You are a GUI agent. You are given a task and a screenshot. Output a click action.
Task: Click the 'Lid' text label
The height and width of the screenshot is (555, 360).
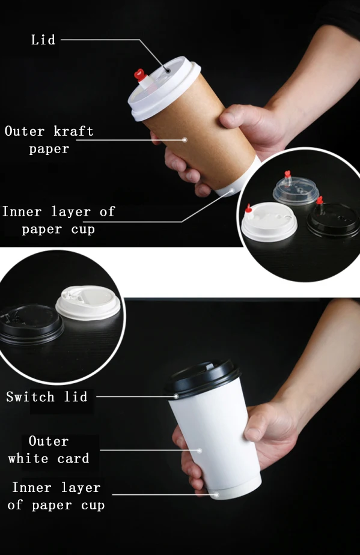(x=43, y=40)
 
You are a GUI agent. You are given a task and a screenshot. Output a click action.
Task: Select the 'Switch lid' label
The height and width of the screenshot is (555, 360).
(x=47, y=396)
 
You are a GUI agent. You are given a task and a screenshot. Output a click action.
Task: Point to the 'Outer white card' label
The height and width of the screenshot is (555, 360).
(x=49, y=450)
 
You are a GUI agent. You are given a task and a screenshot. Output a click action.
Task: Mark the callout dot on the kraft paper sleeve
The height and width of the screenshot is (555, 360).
(x=185, y=140)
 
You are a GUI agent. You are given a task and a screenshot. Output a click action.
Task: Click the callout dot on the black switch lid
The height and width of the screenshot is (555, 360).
(x=176, y=396)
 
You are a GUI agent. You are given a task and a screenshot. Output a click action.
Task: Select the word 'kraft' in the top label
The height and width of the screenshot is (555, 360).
(x=73, y=131)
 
